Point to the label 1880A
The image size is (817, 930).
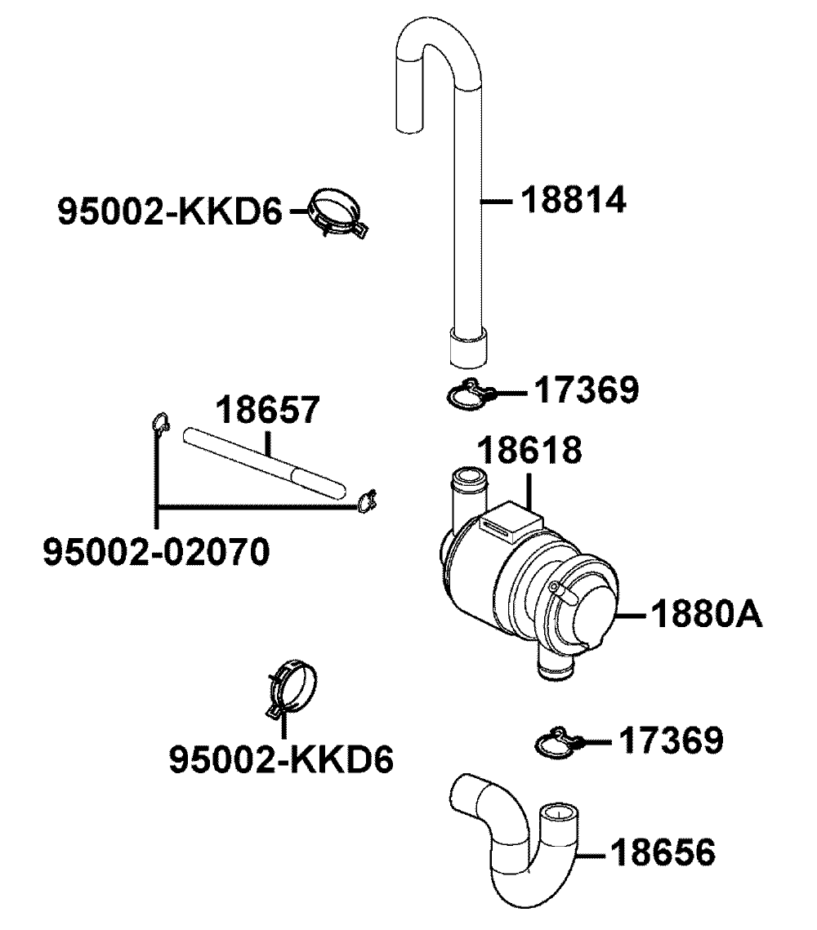(706, 614)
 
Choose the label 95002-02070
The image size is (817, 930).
(155, 552)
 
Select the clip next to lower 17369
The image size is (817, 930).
(558, 741)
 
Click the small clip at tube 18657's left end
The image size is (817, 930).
(160, 423)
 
